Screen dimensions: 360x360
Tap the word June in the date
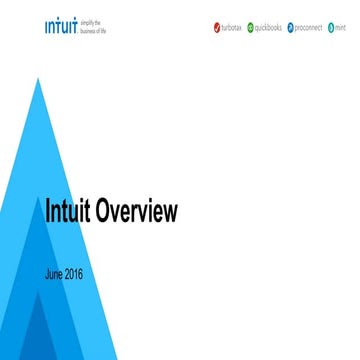[57, 273]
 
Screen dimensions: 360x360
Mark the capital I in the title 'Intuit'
[49, 212]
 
